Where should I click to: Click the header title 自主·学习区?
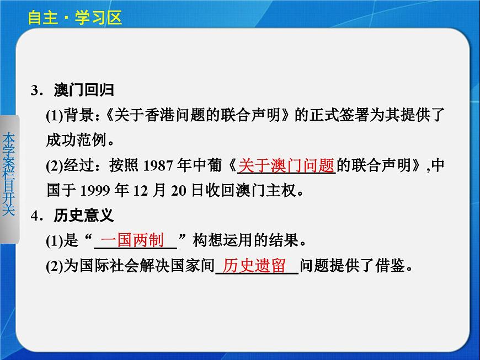click(74, 18)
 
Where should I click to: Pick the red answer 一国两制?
click(132, 240)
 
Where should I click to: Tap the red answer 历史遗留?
click(255, 266)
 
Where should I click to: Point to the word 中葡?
click(215, 165)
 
